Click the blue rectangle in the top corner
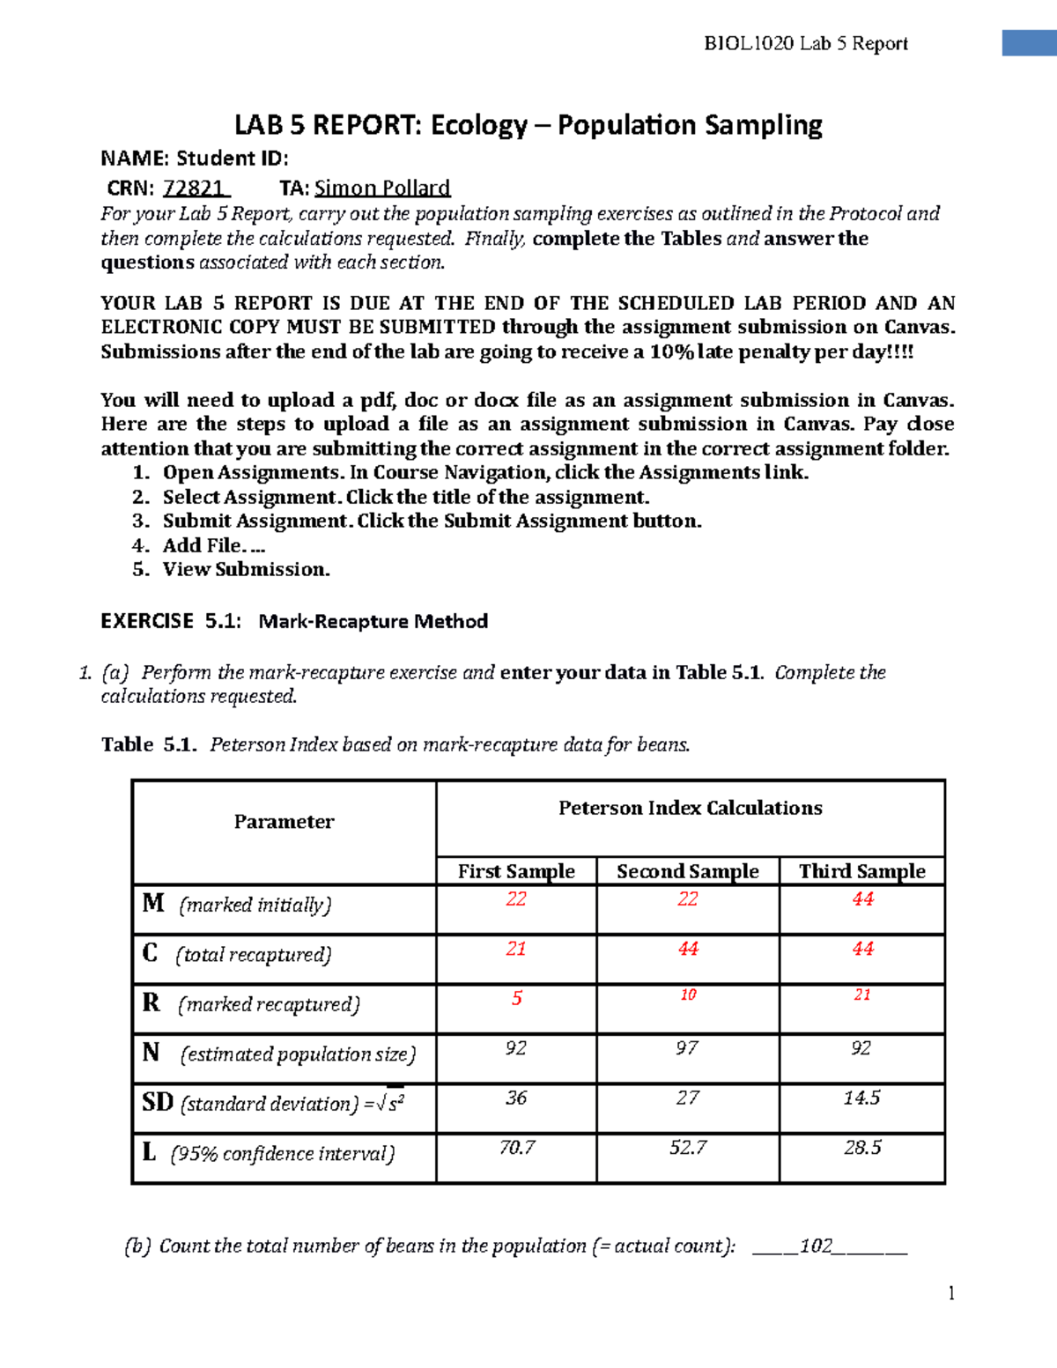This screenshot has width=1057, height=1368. click(x=1029, y=42)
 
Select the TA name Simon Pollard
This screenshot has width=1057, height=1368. click(x=382, y=188)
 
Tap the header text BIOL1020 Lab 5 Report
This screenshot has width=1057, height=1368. click(x=805, y=43)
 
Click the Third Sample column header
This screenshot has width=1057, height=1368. click(x=861, y=871)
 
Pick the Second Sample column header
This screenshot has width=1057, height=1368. click(x=687, y=871)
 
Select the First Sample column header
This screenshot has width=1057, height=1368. click(x=516, y=871)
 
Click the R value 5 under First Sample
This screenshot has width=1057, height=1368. click(x=517, y=998)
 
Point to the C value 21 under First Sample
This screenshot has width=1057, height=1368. click(x=516, y=949)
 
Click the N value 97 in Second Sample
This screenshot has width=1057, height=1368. click(x=687, y=1048)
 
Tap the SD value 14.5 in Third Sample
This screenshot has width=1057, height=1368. click(x=861, y=1098)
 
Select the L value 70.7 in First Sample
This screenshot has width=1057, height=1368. click(x=516, y=1147)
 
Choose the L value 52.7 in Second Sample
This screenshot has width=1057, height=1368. click(x=687, y=1147)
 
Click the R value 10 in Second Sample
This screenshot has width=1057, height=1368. click(x=688, y=995)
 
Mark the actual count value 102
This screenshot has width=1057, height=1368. click(x=816, y=1246)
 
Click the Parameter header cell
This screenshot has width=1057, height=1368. click(x=284, y=822)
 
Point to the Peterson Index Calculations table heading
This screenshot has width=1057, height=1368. click(x=690, y=808)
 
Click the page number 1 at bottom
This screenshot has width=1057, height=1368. click(x=951, y=1293)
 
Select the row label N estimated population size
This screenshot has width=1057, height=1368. click(x=279, y=1054)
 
